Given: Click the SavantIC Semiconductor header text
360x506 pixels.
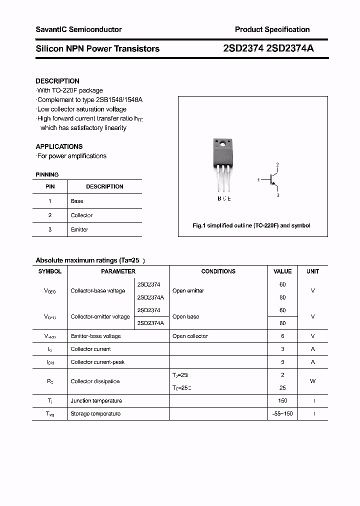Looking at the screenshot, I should [78, 29].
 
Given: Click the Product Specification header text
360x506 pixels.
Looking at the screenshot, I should [272, 29].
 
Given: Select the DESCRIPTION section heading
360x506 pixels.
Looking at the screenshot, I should [57, 81].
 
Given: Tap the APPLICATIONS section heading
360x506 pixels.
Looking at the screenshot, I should [59, 146].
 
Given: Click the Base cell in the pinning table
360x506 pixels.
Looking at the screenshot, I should [77, 201].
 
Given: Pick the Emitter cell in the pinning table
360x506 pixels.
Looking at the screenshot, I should [79, 229].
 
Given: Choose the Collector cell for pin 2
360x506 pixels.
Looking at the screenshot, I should [81, 215].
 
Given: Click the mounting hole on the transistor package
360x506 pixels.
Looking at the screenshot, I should [222, 145].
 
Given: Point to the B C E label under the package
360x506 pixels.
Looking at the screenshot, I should [224, 198].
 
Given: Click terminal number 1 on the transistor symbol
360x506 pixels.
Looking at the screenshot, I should [258, 179].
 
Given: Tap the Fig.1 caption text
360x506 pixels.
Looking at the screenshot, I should [251, 225].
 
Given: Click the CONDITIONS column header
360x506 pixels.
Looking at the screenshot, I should [218, 271].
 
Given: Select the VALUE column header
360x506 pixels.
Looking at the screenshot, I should [282, 271].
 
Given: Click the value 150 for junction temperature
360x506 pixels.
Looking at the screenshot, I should [282, 400].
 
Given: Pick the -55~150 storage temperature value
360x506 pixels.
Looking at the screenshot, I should [282, 413].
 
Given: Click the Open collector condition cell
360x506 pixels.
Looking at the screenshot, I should [190, 336].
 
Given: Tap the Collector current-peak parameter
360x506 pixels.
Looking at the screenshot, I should [97, 362].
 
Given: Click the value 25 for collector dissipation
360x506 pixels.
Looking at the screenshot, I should [282, 387].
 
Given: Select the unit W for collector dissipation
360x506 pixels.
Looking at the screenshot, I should [313, 381].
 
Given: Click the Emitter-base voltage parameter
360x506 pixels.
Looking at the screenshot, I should [95, 336].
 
